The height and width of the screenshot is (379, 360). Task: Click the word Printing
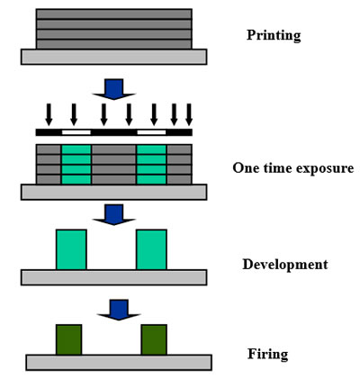pyautogui.click(x=274, y=36)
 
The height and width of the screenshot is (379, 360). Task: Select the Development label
pyautogui.click(x=285, y=265)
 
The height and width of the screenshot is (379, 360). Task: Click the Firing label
pyautogui.click(x=267, y=355)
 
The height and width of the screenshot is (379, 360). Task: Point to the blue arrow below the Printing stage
pyautogui.click(x=114, y=89)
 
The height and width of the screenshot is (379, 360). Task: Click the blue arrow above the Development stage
pyautogui.click(x=114, y=214)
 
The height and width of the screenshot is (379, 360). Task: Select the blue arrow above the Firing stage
pyautogui.click(x=119, y=310)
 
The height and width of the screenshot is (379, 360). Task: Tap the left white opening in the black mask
pyautogui.click(x=76, y=132)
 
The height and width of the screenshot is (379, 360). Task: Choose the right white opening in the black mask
pyautogui.click(x=151, y=132)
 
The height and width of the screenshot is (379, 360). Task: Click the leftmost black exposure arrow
pyautogui.click(x=49, y=114)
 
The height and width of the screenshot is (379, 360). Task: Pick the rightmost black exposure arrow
pyautogui.click(x=189, y=114)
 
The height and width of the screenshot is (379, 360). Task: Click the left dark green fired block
pyautogui.click(x=68, y=339)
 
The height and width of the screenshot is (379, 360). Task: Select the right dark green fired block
pyautogui.click(x=154, y=339)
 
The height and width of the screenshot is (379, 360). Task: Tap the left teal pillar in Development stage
pyautogui.click(x=71, y=249)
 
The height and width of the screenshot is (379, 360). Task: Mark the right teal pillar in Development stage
pyautogui.click(x=151, y=249)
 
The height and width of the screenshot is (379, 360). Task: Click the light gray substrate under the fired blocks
pyautogui.click(x=119, y=363)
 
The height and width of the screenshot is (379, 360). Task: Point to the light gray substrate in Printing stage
pyautogui.click(x=114, y=57)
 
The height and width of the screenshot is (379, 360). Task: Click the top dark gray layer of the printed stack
pyautogui.click(x=114, y=14)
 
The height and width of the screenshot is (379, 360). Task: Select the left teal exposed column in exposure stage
pyautogui.click(x=76, y=165)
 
